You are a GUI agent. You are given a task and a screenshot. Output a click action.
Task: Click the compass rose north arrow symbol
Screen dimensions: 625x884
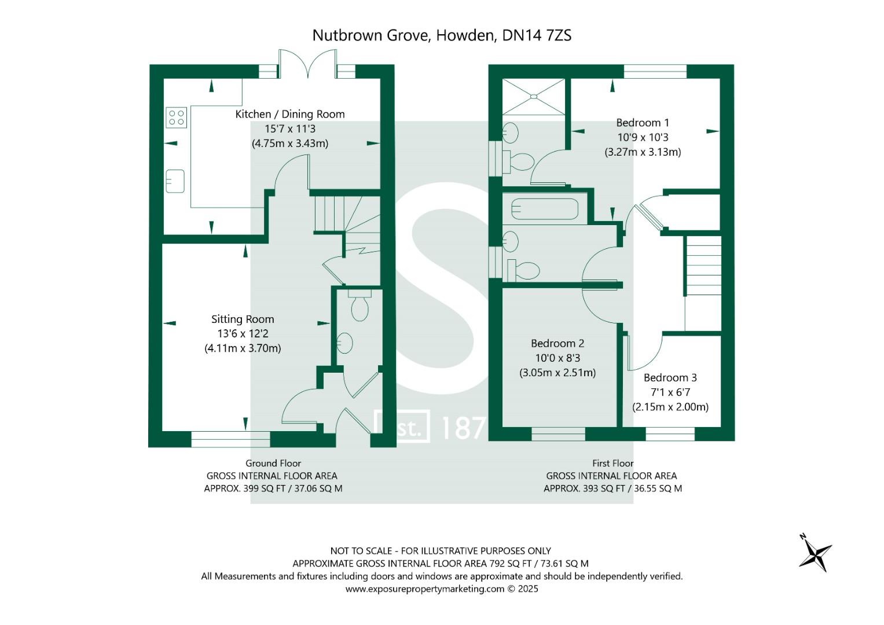tap(815, 553)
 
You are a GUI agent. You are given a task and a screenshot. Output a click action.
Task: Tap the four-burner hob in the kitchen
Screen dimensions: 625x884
tap(176, 117)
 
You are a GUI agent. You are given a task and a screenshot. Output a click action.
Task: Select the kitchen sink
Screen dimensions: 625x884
tap(175, 181)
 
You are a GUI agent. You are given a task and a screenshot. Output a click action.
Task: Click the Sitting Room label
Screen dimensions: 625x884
tap(243, 319)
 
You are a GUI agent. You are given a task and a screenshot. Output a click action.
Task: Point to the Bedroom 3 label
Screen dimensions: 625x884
tap(670, 377)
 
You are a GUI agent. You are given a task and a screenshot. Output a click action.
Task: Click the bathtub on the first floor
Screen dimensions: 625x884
tap(544, 209)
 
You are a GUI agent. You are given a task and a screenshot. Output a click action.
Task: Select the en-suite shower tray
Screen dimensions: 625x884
tap(533, 96)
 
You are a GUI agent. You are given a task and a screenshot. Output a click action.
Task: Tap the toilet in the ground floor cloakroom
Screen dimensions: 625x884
tap(360, 306)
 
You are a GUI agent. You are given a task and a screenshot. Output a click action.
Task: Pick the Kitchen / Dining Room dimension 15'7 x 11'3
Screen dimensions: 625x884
tap(290, 129)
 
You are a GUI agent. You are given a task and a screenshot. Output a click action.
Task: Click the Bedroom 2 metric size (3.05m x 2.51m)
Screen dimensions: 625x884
tap(557, 373)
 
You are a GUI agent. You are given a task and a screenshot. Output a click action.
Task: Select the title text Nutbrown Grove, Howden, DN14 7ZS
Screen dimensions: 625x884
tap(442, 35)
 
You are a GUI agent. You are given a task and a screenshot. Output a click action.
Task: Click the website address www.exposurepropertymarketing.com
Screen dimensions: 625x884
tap(425, 589)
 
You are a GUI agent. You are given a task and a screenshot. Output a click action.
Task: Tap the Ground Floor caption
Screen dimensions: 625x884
tap(273, 463)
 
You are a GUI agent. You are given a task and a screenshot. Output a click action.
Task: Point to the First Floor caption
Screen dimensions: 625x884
tap(612, 463)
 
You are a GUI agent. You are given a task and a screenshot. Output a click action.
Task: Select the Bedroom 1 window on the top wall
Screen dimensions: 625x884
tap(655, 71)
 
